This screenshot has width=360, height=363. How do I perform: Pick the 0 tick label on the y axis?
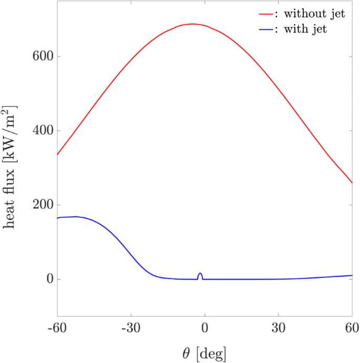tap(50, 279)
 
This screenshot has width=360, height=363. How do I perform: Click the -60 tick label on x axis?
tap(57, 327)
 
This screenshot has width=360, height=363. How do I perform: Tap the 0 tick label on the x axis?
tap(204, 327)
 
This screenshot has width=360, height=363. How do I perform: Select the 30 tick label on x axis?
tap(278, 327)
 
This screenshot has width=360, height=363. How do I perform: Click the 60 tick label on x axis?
tap(352, 327)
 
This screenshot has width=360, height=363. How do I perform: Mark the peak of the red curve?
tap(192, 24)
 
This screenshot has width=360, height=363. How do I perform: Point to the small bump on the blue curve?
tap(200, 274)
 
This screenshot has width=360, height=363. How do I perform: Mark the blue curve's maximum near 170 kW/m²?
tap(77, 216)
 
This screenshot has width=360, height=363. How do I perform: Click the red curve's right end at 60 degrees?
tap(352, 183)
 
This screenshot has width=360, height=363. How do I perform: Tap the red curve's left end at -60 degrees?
tap(57, 154)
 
